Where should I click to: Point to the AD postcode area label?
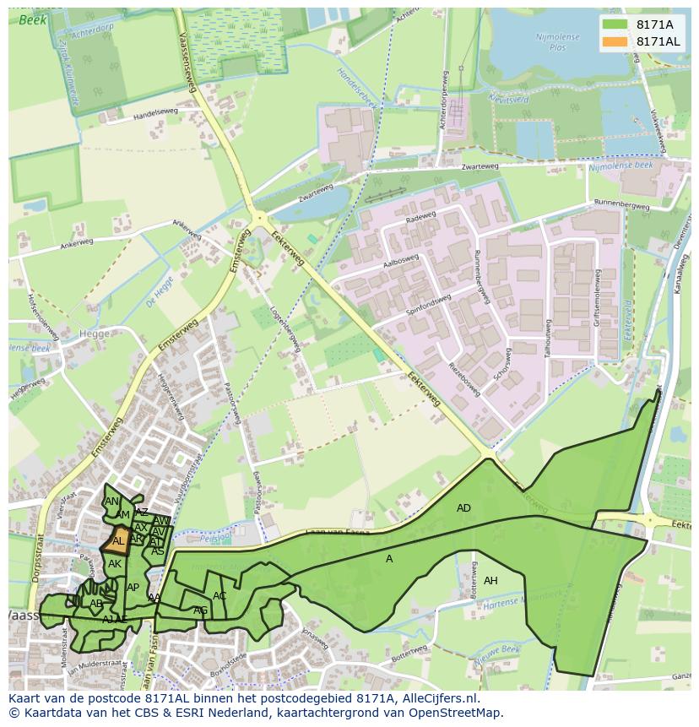pyautogui.click(x=463, y=508)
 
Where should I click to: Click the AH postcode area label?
pyautogui.click(x=490, y=581)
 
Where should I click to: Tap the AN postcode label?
pyautogui.click(x=111, y=502)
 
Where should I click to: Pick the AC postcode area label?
pyautogui.click(x=219, y=596)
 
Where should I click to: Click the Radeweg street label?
pyautogui.click(x=420, y=217)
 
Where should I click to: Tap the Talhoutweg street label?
pyautogui.click(x=548, y=339)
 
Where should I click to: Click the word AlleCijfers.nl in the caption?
pyautogui.click(x=437, y=699)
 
